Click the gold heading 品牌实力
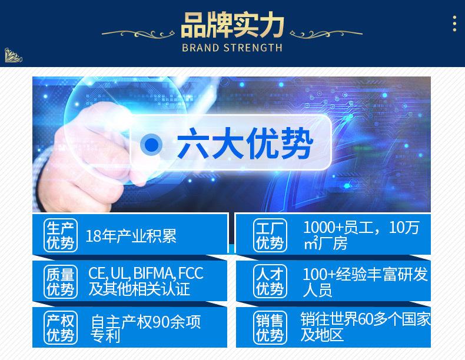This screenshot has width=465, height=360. [x=232, y=25]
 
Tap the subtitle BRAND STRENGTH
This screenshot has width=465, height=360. [x=232, y=48]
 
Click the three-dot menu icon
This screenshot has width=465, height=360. [x=454, y=24]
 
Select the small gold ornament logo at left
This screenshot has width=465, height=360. [x=13, y=55]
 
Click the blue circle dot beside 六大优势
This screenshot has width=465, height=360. [x=151, y=144]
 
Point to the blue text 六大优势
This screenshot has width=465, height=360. [x=245, y=144]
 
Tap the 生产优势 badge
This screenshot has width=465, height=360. [x=61, y=235]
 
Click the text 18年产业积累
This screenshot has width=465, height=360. [x=131, y=236]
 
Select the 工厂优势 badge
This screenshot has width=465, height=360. [x=270, y=235]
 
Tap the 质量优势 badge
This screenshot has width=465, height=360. [x=61, y=282]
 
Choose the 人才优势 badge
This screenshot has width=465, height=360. [x=270, y=282]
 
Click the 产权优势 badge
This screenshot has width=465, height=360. [x=61, y=328]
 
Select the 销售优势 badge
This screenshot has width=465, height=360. [x=270, y=328]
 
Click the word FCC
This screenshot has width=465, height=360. [x=191, y=273]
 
